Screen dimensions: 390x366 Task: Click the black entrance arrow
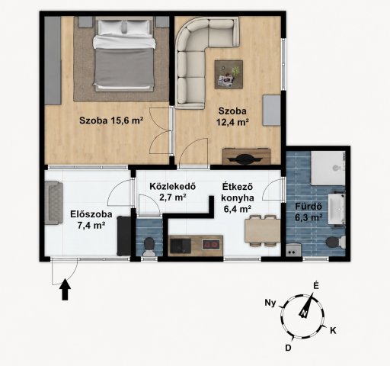pos(66,290)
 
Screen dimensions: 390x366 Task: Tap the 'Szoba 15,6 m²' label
pos(111,120)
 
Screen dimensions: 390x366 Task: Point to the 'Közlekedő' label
pos(172,186)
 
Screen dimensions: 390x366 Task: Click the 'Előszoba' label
pos(91,214)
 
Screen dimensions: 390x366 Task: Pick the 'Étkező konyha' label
pos(238,192)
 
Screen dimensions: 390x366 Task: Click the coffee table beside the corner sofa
pos(229,75)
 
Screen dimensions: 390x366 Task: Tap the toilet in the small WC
pos(149,247)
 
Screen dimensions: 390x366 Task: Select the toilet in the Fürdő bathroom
pos(335,242)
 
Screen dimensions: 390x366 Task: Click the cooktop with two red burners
pos(211,245)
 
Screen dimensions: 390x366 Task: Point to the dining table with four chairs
pos(263,231)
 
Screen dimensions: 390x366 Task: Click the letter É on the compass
pos(315,286)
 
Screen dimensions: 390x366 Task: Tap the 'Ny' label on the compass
pos(270,303)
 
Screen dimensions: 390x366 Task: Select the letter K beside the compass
pos(333,331)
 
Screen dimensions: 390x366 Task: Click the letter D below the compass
pos(288,348)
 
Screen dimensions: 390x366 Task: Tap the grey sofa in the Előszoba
pos(53,203)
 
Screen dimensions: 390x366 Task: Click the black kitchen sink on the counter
pos(181,246)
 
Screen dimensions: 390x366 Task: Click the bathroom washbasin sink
pos(337,210)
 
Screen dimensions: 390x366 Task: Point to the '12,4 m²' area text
pos(232,122)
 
